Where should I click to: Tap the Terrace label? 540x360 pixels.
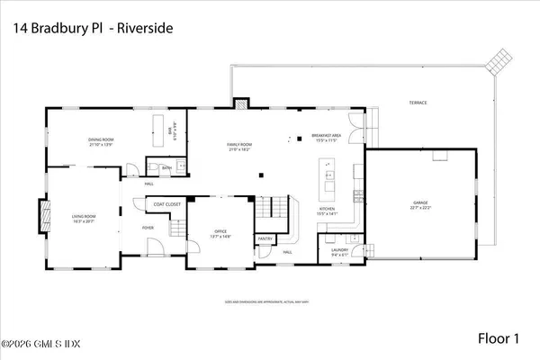point(417,103)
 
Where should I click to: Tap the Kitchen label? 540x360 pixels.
point(326,211)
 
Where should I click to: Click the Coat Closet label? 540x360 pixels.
point(167,204)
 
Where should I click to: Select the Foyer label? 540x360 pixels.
point(148,228)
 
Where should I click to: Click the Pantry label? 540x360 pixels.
point(265,238)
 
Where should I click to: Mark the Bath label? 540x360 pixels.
point(166,167)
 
